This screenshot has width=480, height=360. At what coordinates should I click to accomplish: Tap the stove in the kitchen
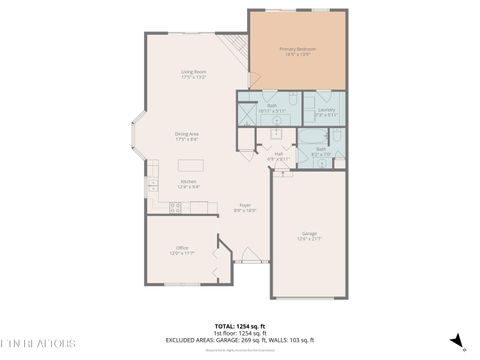click(x=174, y=207)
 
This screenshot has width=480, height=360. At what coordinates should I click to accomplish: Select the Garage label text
click(x=309, y=235)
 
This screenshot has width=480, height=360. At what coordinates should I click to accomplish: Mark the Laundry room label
click(x=325, y=111)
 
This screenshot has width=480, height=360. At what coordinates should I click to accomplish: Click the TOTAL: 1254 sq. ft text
click(x=240, y=326)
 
